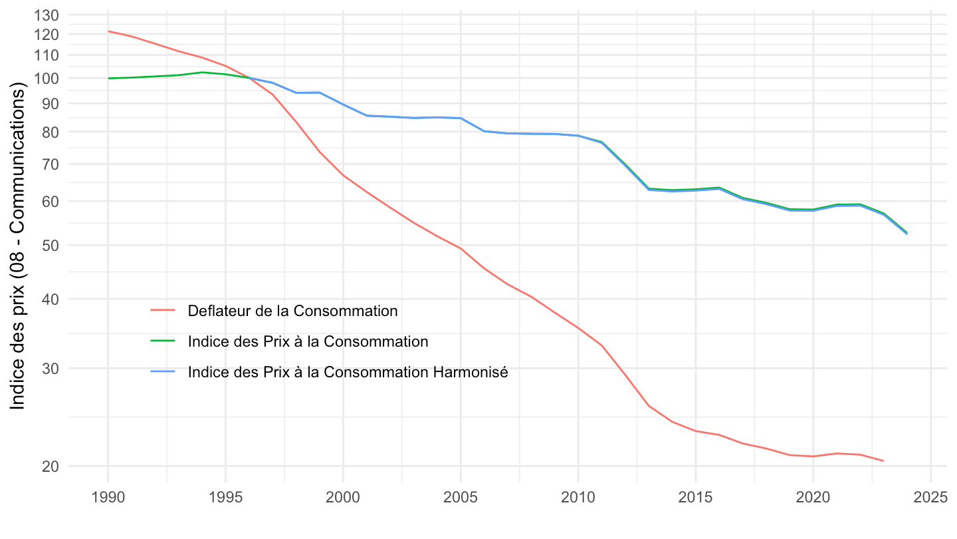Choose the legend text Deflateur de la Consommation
[292, 311]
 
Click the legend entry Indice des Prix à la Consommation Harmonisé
[348, 372]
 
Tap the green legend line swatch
[163, 341]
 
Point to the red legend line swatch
[163, 311]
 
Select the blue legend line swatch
[163, 372]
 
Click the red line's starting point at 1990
[108, 31]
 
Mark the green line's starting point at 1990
[108, 79]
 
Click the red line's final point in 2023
[883, 460]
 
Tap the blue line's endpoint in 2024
[906, 233]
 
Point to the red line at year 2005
[460, 248]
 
